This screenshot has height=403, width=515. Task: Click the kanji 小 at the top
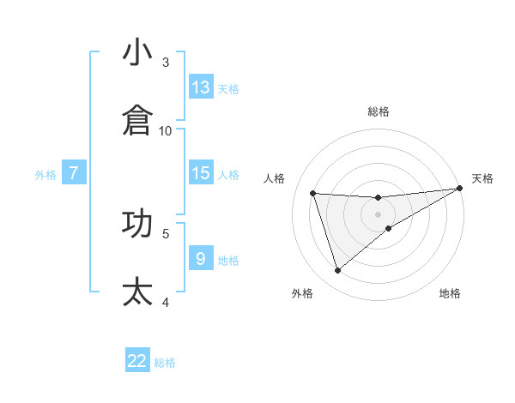[137, 52]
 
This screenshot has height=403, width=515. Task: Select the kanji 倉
[137, 121]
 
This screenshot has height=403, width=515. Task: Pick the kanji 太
[137, 292]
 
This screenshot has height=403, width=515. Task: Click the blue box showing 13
[201, 87]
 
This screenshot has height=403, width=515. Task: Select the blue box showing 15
[201, 173]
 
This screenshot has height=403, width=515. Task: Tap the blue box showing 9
[201, 259]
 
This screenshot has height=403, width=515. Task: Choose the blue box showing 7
[74, 173]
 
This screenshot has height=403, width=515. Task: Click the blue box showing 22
[137, 361]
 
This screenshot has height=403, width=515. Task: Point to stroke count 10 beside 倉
[166, 130]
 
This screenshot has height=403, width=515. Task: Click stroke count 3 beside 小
[166, 62]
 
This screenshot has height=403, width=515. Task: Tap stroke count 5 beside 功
[166, 232]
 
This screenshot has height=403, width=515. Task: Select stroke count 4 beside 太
[166, 301]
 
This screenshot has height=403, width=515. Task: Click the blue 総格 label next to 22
[165, 363]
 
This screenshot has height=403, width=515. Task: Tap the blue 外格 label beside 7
[45, 175]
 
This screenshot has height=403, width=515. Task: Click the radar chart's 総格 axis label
[379, 111]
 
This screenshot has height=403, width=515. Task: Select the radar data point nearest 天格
[460, 189]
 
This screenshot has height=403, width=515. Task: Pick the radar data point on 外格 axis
[337, 271]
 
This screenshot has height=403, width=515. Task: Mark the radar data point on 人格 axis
[313, 193]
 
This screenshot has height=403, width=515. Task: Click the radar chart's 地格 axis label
[450, 293]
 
